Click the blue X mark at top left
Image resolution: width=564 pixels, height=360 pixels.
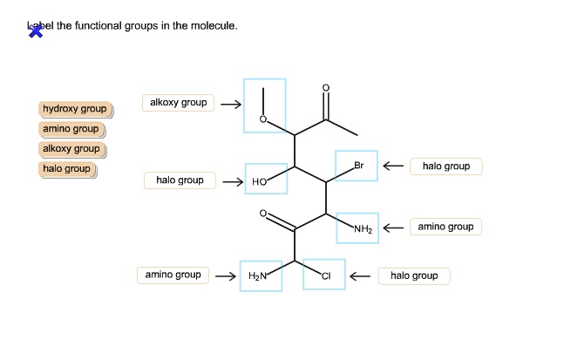click(x=36, y=31)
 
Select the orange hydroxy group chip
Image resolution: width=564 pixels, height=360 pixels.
click(x=76, y=109)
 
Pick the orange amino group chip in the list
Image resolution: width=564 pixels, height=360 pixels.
click(x=71, y=130)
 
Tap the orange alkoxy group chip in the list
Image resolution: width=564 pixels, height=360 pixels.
click(x=72, y=149)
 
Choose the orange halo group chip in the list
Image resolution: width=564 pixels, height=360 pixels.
click(x=67, y=169)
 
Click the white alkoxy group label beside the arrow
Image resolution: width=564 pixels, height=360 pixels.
click(x=178, y=103)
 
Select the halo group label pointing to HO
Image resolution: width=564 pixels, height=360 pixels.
click(x=180, y=180)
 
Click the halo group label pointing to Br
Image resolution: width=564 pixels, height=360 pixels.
click(x=446, y=166)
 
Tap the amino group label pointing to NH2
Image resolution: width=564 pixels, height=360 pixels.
click(x=445, y=227)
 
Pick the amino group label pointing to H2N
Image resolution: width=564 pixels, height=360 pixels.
click(x=173, y=275)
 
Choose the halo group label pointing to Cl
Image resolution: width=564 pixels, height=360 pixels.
click(x=414, y=276)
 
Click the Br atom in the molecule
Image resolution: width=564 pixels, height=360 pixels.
click(x=358, y=166)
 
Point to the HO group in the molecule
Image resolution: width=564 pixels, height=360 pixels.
click(x=259, y=182)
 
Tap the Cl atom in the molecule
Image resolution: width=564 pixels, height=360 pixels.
click(x=326, y=276)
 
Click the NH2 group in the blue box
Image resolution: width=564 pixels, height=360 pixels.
click(x=363, y=229)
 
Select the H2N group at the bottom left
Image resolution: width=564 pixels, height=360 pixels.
click(x=257, y=276)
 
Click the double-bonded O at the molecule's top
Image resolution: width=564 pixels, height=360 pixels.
click(x=325, y=88)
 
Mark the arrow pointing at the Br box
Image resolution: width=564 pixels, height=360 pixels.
click(x=393, y=166)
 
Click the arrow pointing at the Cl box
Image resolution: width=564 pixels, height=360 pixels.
click(x=360, y=276)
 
